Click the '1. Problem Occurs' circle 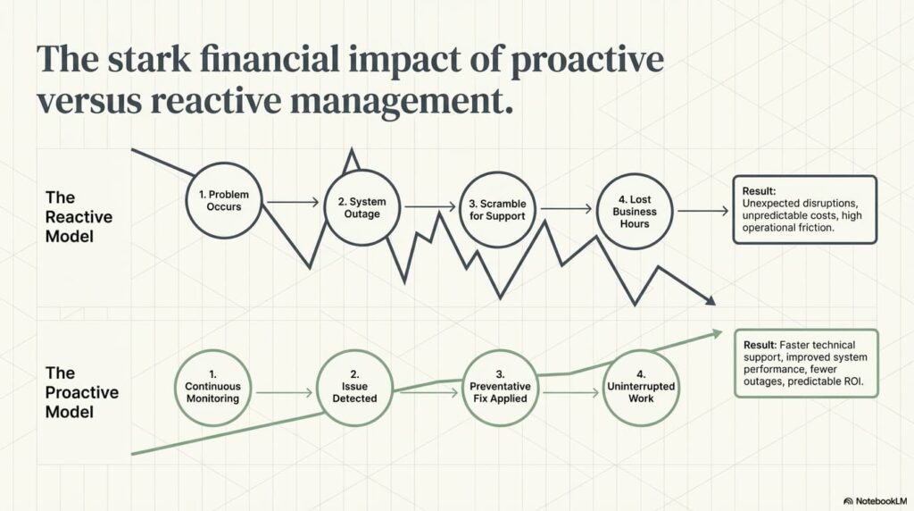point(223,200)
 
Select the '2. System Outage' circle point(361,207)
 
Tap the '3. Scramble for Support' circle point(496,209)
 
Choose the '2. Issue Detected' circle point(353,387)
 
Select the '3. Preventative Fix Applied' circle point(500,387)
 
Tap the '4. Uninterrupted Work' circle point(640,387)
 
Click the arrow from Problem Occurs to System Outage point(292,203)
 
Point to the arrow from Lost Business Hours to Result point(702,212)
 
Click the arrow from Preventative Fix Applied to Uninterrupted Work point(569,392)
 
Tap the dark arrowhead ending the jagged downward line point(710,301)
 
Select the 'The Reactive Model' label point(79,217)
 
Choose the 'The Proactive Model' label point(82,391)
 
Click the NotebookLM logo point(875,501)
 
